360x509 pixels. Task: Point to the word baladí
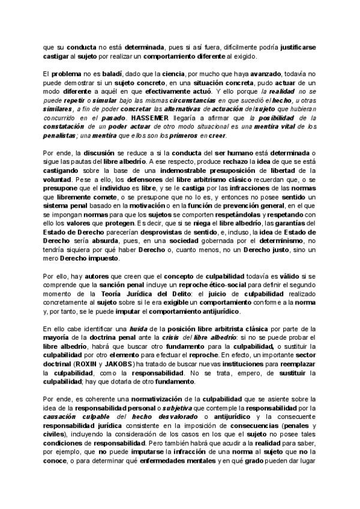[92, 73]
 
